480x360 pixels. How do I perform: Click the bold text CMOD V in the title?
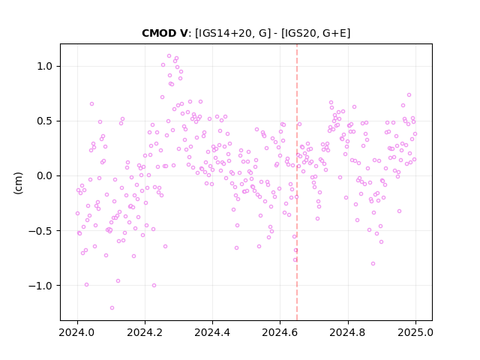pyautogui.click(x=164, y=33)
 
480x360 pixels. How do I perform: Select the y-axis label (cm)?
pyautogui.click(x=18, y=183)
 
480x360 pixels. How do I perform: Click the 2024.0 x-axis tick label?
pyautogui.click(x=77, y=332)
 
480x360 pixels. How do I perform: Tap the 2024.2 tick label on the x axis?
pyautogui.click(x=145, y=332)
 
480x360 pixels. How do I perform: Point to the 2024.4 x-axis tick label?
pyautogui.click(x=212, y=332)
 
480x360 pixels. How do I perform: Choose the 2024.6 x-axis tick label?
pyautogui.click(x=280, y=332)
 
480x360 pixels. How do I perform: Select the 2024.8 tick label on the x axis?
pyautogui.click(x=347, y=332)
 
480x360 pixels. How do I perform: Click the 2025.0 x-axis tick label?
pyautogui.click(x=415, y=332)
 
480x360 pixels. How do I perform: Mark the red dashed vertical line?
pyautogui.click(x=297, y=182)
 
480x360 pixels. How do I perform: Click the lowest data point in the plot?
pyautogui.click(x=112, y=307)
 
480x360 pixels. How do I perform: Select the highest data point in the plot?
pyautogui.click(x=169, y=55)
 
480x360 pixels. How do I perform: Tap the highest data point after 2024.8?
pyautogui.click(x=409, y=95)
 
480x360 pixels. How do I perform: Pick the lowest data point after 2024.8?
pyautogui.click(x=373, y=263)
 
